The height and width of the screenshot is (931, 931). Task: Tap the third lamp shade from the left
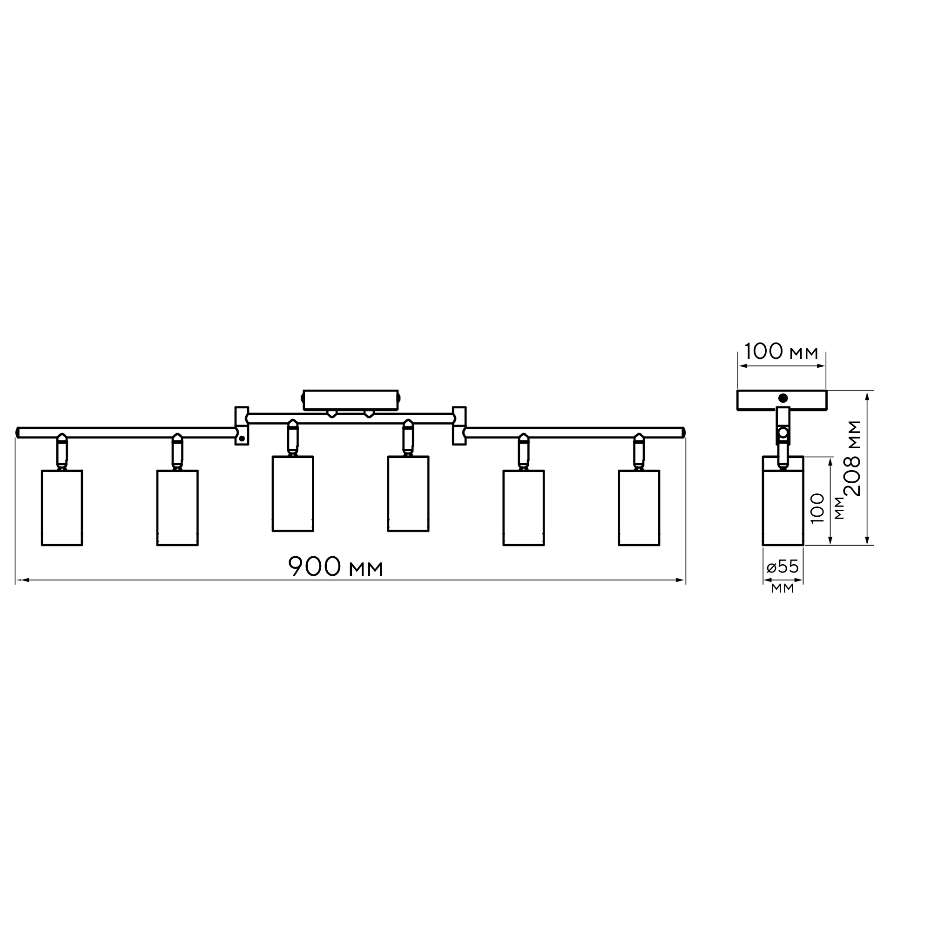point(292,493)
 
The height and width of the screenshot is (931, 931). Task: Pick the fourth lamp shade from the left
point(408,493)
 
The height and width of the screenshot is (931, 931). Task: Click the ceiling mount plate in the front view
point(351,400)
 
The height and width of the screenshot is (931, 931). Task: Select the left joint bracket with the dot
point(242,426)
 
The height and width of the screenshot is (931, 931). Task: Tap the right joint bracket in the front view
point(459,426)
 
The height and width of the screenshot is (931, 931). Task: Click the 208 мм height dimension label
point(853,458)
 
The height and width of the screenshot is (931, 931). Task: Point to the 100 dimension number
point(818,508)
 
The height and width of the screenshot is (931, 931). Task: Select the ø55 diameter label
point(783,567)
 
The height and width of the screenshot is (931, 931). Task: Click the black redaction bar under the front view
point(335,566)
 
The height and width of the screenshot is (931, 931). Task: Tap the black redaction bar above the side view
point(781,351)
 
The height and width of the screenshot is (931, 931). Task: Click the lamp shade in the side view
point(783,501)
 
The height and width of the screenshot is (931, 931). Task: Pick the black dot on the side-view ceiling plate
point(783,398)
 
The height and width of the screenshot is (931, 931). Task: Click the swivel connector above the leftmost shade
point(62,452)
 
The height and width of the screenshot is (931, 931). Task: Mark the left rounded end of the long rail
point(18,432)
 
